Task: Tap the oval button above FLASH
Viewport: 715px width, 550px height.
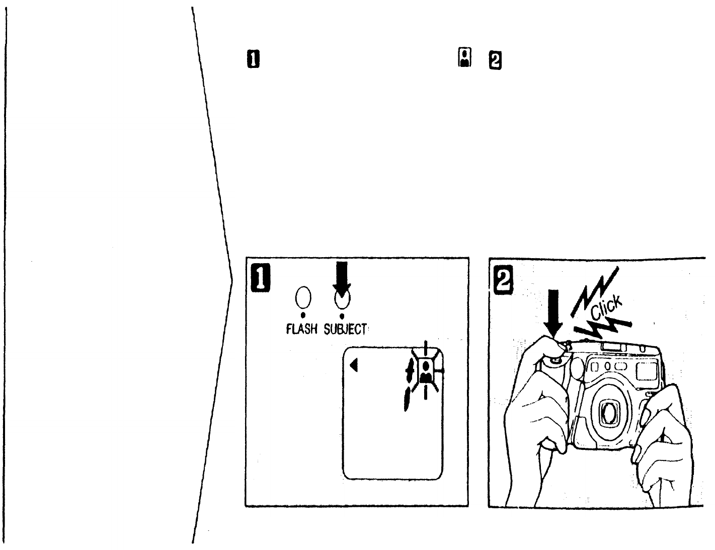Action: click(x=302, y=298)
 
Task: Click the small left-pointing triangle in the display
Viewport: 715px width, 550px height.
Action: click(x=354, y=364)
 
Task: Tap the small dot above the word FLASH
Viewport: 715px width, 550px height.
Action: click(x=302, y=316)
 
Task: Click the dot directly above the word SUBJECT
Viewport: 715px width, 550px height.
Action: click(x=341, y=316)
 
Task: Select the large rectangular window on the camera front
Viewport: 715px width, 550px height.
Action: click(x=645, y=371)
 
